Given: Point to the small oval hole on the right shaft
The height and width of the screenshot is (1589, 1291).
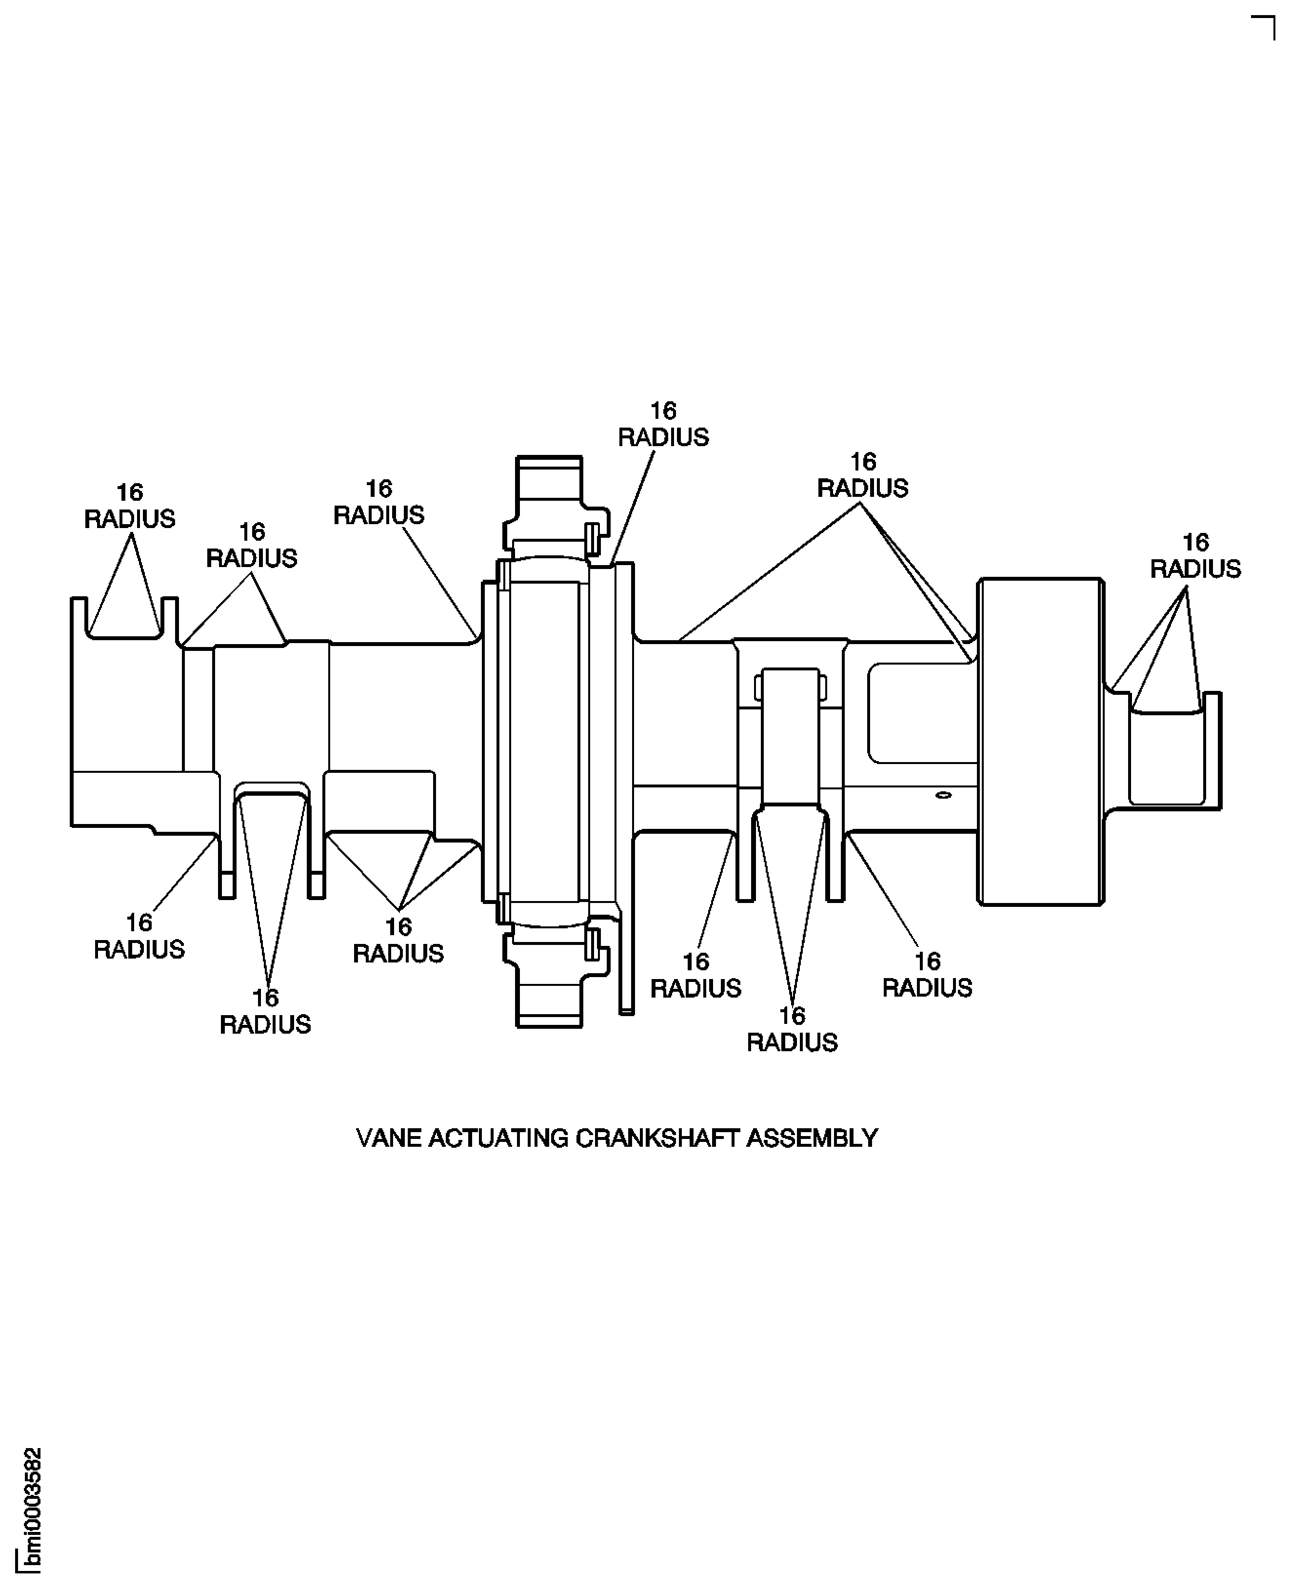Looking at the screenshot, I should (x=943, y=795).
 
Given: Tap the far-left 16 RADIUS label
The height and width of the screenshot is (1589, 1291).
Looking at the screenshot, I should (x=129, y=506).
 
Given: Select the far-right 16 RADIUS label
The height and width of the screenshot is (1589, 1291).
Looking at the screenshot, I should (x=1195, y=555).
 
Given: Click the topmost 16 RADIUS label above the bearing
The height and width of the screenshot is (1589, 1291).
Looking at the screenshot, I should (x=663, y=424).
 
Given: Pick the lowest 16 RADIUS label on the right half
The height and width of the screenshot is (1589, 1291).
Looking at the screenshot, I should (x=792, y=1029).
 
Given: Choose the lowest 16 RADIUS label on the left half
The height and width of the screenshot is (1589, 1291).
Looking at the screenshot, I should (x=265, y=1011).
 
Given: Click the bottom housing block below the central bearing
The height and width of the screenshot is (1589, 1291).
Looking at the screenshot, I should (x=550, y=997).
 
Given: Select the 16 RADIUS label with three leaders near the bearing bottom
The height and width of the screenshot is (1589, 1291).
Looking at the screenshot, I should (x=398, y=940).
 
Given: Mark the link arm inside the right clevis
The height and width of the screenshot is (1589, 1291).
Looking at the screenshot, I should (x=791, y=736).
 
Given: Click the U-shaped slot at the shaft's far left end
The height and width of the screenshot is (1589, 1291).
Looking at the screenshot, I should (x=124, y=617).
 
